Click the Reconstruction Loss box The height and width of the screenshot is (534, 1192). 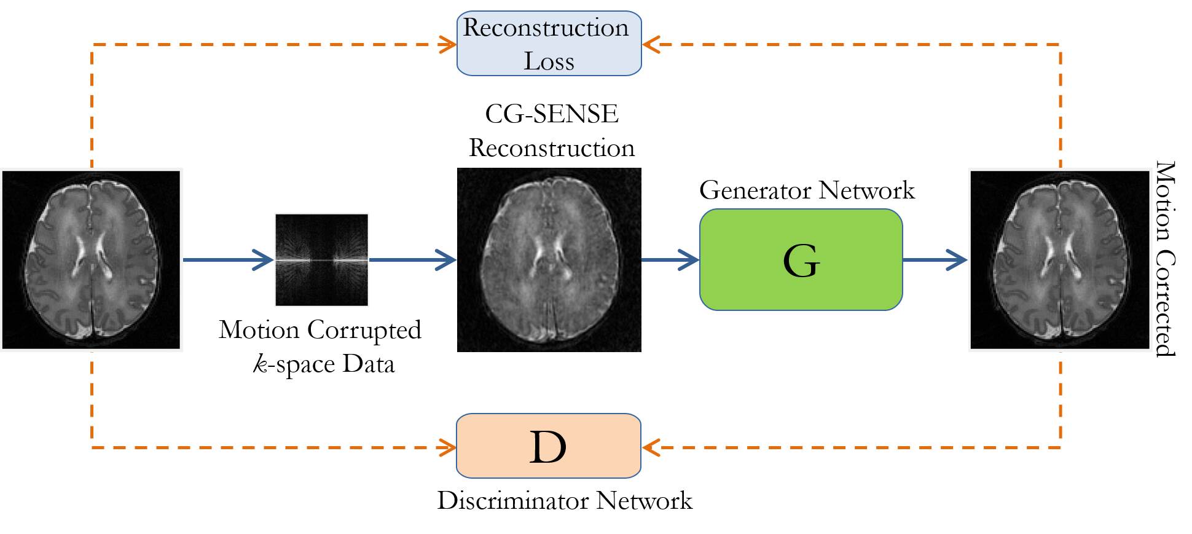click(x=549, y=44)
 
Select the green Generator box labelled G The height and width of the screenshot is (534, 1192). click(x=801, y=259)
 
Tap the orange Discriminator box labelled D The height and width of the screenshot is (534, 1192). click(x=548, y=446)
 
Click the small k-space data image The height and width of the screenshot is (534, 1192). click(x=321, y=259)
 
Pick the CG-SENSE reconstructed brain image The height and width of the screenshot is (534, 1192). click(x=549, y=259)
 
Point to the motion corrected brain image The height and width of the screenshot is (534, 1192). click(x=1059, y=259)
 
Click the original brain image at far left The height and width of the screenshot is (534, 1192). click(x=92, y=259)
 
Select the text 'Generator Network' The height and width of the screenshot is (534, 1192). click(x=807, y=190)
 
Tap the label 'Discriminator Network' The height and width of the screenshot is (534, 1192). click(x=565, y=501)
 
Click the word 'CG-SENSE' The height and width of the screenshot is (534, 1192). click(x=551, y=114)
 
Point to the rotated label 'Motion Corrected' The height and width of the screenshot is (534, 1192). click(x=1166, y=258)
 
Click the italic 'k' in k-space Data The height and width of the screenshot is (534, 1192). click(x=261, y=364)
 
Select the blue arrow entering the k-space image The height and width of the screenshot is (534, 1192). click(x=228, y=260)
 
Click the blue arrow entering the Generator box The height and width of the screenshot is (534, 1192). click(x=670, y=260)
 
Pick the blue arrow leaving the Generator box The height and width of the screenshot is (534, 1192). click(x=935, y=260)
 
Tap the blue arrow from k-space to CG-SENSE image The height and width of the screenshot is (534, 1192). click(x=412, y=260)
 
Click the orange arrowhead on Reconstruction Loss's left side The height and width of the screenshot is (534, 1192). click(x=448, y=44)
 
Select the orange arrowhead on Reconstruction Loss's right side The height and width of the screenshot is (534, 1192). click(x=651, y=44)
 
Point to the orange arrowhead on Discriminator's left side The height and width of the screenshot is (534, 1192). click(x=447, y=447)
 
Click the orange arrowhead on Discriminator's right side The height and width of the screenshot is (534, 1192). click(x=651, y=447)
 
